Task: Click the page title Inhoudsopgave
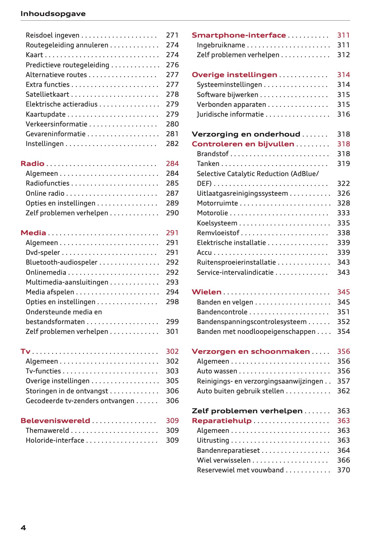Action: [53, 14]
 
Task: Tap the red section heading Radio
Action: [32, 164]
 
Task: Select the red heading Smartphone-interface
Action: [239, 35]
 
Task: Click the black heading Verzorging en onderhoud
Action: [246, 134]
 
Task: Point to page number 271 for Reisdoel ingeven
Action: [172, 35]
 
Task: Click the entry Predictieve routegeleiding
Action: [67, 65]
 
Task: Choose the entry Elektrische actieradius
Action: [61, 104]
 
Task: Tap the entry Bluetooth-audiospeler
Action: [61, 262]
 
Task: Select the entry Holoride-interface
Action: [55, 440]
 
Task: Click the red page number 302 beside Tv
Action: [172, 352]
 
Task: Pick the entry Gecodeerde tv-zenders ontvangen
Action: [80, 401]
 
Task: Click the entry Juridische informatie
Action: [230, 114]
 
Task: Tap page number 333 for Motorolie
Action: [343, 213]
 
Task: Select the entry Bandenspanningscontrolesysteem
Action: [251, 322]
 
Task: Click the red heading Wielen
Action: [206, 292]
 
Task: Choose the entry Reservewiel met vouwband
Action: [240, 470]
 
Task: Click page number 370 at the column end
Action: [343, 470]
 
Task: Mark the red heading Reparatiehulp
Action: [222, 421]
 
